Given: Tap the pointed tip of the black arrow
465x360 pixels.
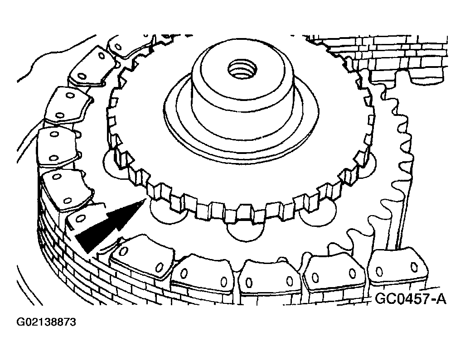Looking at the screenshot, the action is (x=145, y=199).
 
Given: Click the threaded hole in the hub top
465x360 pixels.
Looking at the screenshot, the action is (x=240, y=68).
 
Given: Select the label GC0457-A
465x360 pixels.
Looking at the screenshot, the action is (x=411, y=299).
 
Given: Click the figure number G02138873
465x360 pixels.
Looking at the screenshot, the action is (x=46, y=322).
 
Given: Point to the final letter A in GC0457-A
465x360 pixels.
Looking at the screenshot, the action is (x=441, y=299).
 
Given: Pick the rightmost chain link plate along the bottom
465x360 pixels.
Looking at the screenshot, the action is (x=397, y=268).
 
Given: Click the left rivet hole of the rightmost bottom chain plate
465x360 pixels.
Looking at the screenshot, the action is (x=379, y=271).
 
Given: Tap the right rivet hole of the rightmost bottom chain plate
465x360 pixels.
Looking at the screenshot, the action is (x=414, y=267).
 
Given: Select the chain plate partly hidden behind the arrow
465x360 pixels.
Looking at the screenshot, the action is (x=84, y=218).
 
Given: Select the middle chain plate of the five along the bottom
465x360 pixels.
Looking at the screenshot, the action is (x=269, y=278).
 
